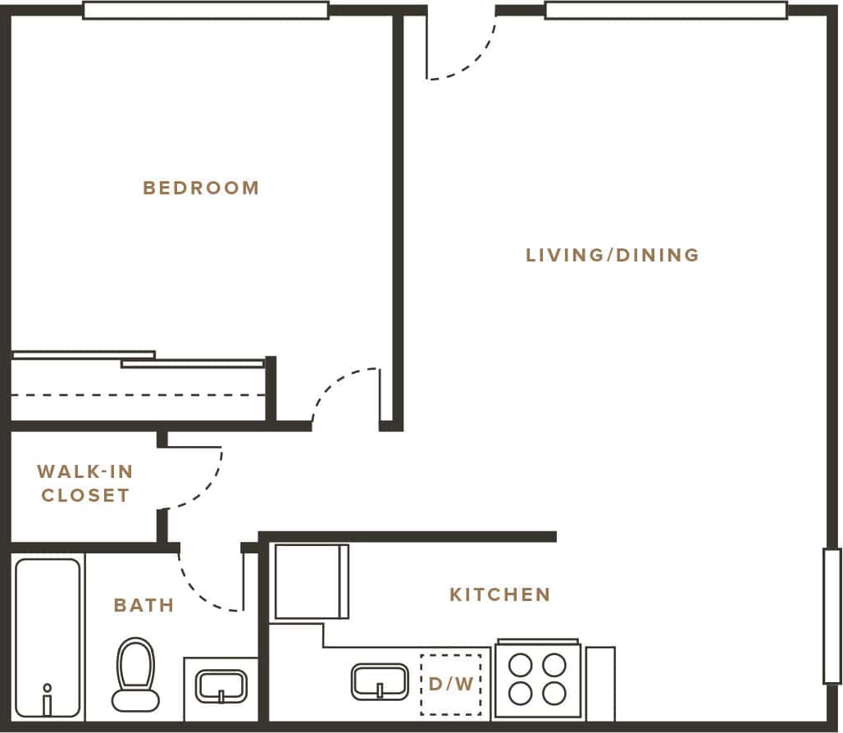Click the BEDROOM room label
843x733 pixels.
click(x=201, y=188)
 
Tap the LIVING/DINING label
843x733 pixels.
click(x=612, y=255)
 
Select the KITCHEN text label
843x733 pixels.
click(x=499, y=594)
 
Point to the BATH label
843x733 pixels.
click(x=144, y=606)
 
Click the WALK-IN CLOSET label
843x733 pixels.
click(x=84, y=484)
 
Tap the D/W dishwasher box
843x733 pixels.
click(x=450, y=684)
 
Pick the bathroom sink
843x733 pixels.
click(x=221, y=685)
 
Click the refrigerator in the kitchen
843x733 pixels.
click(x=311, y=581)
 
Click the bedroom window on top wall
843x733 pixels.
click(x=206, y=11)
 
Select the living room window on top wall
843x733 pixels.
click(x=665, y=11)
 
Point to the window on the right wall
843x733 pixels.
click(x=832, y=616)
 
